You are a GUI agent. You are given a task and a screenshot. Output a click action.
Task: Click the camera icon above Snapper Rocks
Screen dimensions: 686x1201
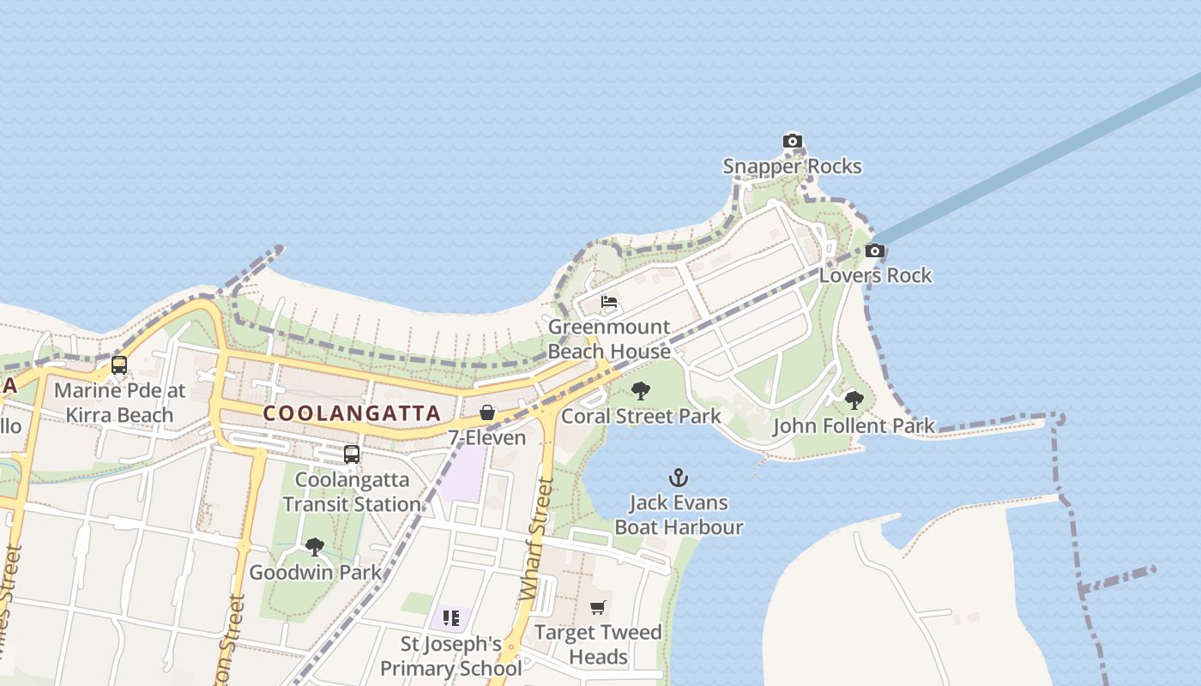click(x=792, y=141)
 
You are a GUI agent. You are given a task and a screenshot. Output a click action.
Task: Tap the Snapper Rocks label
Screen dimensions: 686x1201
click(x=792, y=165)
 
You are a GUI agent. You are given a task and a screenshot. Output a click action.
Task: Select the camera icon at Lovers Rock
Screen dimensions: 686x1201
click(x=875, y=251)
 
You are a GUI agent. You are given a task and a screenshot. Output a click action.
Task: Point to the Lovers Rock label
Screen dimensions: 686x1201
click(x=875, y=275)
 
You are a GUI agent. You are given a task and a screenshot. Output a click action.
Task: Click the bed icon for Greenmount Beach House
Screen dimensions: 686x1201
click(x=609, y=302)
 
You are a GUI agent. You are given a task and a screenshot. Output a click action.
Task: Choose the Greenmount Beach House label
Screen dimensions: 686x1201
click(x=609, y=340)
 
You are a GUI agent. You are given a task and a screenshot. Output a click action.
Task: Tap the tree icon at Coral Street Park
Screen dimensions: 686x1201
click(x=640, y=392)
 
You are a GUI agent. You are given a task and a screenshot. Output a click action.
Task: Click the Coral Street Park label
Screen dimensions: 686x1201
click(x=641, y=416)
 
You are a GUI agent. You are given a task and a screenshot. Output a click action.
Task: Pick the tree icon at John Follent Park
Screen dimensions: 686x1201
click(x=854, y=400)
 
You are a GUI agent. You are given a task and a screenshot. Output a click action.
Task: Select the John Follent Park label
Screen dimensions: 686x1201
click(x=854, y=425)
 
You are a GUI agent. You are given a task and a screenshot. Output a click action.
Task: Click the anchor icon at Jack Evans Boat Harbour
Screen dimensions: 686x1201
click(x=679, y=477)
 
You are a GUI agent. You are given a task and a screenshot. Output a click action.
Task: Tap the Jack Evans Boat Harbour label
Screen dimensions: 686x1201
click(x=679, y=514)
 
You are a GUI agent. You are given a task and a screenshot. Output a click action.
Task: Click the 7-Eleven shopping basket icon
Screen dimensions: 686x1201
click(x=487, y=412)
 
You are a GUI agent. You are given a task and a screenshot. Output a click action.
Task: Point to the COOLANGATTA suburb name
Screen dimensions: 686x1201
click(x=352, y=412)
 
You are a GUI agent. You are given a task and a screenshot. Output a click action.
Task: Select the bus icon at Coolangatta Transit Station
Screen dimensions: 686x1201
click(x=352, y=454)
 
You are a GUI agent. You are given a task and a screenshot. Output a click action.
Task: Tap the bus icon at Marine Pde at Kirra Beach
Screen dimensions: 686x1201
click(x=119, y=365)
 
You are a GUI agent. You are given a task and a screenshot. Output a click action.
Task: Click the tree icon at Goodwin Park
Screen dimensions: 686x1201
click(x=315, y=546)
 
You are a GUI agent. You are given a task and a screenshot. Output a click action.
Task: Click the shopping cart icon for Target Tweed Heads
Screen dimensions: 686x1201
click(x=598, y=607)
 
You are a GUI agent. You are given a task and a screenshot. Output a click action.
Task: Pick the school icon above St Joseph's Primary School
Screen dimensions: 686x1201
click(x=451, y=617)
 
